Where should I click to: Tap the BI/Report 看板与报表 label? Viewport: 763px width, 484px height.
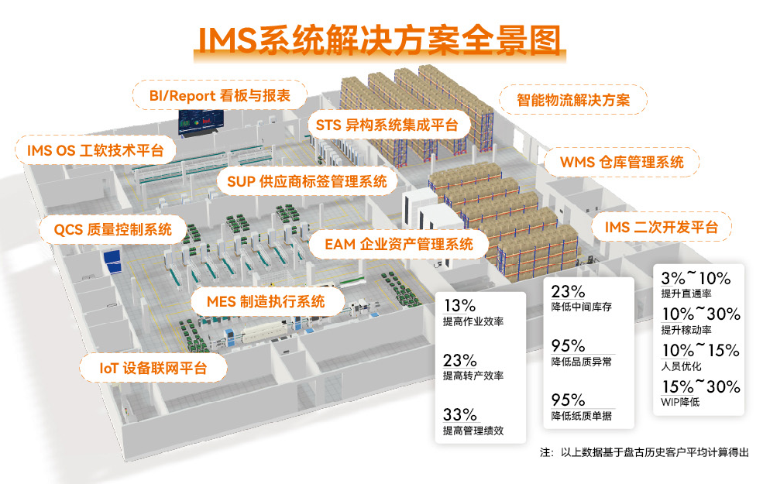click(x=219, y=95)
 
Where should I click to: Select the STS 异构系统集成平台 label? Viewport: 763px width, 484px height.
click(x=387, y=124)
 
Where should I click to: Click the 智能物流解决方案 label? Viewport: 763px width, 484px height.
click(x=572, y=100)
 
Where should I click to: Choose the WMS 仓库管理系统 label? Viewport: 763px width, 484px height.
click(x=622, y=163)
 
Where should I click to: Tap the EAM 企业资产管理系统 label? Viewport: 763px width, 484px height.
click(x=398, y=245)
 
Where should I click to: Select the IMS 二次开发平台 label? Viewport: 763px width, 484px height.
click(x=661, y=227)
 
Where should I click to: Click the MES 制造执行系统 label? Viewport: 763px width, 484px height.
click(x=266, y=301)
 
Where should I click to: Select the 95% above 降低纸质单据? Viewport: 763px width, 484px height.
click(x=568, y=400)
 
